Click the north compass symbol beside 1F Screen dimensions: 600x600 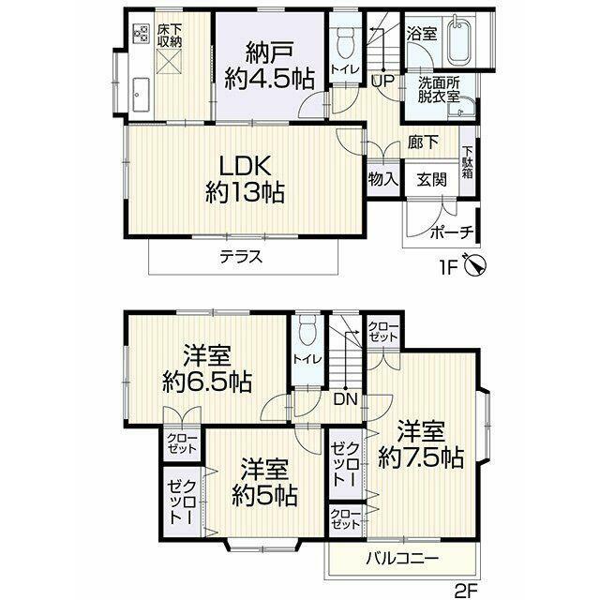[475, 265]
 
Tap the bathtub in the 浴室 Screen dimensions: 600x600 [458, 39]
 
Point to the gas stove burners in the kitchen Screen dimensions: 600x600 [141, 33]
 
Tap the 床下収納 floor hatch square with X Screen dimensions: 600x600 [170, 62]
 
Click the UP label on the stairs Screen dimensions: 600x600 [382, 82]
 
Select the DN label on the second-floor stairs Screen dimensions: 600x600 [346, 400]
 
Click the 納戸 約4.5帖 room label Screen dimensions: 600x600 [269, 65]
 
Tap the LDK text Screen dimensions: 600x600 [245, 167]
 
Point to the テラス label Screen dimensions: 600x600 [241, 257]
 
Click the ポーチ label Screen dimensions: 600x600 [452, 232]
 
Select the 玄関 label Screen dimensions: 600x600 [431, 179]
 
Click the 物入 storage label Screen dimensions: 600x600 [383, 179]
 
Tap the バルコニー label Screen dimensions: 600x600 [402, 559]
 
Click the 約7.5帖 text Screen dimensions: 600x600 [421, 457]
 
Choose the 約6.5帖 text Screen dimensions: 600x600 [207, 382]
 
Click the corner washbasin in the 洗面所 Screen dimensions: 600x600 [461, 107]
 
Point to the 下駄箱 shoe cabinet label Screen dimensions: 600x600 [467, 162]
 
